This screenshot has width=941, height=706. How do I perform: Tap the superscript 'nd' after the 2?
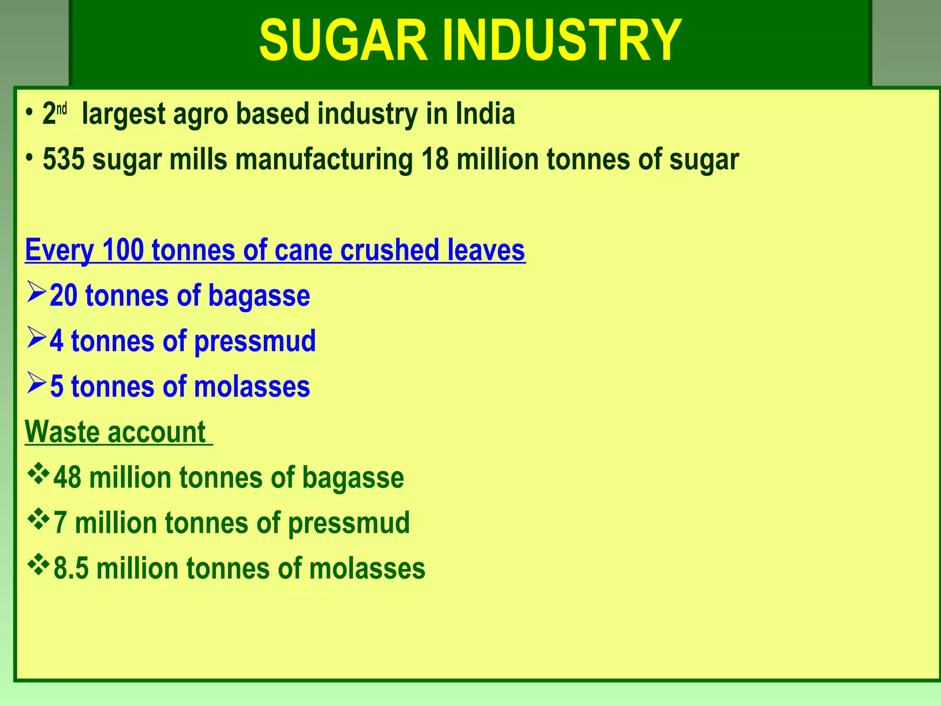click(x=62, y=109)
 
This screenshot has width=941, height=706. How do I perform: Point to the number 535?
click(x=64, y=159)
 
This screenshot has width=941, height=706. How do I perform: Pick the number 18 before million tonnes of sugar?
click(x=435, y=159)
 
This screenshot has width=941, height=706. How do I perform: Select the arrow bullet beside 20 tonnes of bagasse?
click(x=36, y=292)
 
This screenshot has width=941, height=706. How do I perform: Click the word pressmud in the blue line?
click(x=255, y=342)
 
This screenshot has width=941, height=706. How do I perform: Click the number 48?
click(x=68, y=478)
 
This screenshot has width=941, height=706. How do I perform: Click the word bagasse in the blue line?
click(x=259, y=296)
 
